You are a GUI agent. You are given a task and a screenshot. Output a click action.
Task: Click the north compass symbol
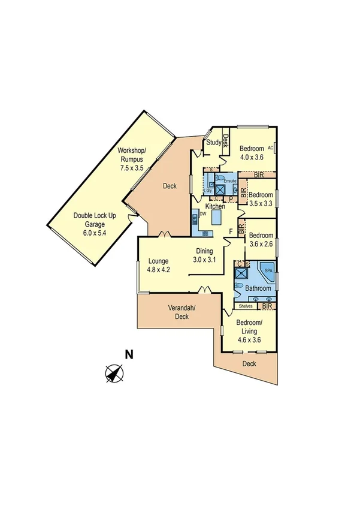(114, 374)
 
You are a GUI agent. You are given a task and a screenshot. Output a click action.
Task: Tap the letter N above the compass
(128, 354)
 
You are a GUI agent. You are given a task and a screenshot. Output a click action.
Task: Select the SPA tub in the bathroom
(266, 272)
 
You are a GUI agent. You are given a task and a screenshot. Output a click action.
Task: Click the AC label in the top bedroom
(270, 147)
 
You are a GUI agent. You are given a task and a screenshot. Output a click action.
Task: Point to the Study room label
(213, 143)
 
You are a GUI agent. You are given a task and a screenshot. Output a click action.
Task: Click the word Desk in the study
(226, 141)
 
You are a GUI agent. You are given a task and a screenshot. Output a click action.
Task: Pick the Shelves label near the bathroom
(246, 306)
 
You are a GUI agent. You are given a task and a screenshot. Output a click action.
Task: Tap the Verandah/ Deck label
(181, 312)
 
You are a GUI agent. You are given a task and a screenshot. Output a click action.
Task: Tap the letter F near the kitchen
(230, 230)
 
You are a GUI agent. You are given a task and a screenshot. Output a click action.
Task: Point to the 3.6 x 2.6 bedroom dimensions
(261, 244)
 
